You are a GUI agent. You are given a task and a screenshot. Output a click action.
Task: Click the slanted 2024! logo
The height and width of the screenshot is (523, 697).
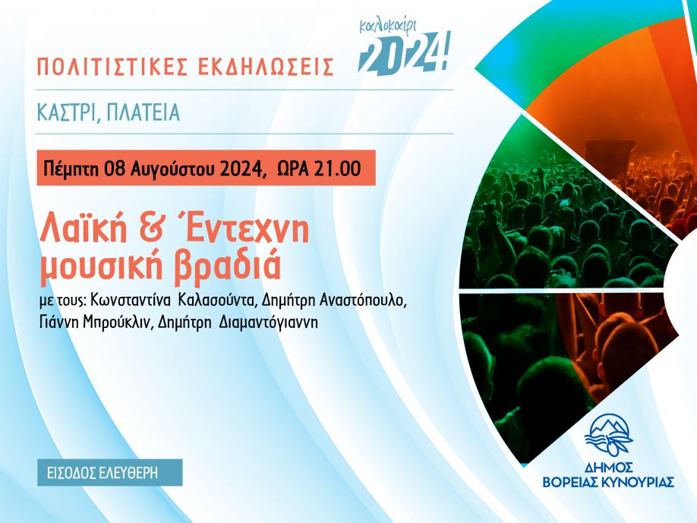coord(404,53)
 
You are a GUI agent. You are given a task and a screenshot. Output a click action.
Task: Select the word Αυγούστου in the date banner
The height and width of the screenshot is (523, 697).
coord(172,169)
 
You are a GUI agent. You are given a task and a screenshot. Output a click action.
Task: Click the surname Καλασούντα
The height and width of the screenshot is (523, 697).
coord(218,301)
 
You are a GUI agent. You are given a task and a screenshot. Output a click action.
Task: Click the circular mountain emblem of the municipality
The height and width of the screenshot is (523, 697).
coord(608,436)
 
